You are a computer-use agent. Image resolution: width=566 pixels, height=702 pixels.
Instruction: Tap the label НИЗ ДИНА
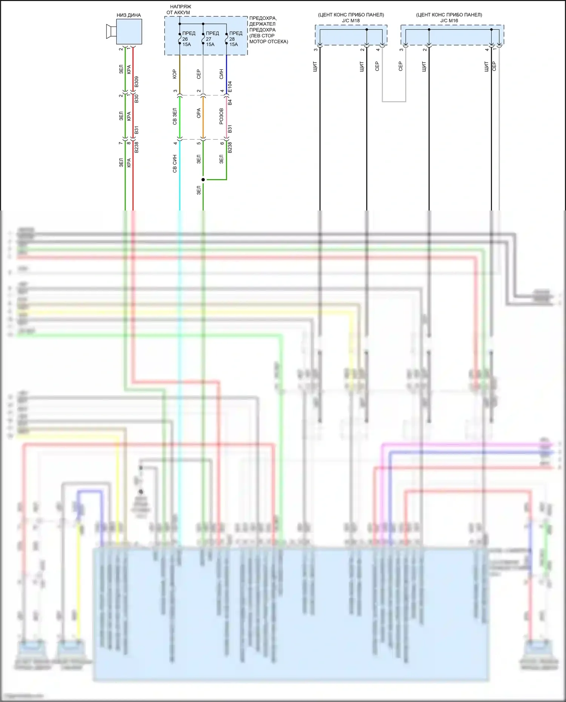click(x=129, y=15)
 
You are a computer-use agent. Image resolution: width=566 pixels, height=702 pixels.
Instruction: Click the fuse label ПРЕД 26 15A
click(x=187, y=39)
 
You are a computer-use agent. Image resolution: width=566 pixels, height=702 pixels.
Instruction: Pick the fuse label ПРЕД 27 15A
click(x=211, y=39)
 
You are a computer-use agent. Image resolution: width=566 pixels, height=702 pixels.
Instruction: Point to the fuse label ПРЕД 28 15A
click(x=234, y=39)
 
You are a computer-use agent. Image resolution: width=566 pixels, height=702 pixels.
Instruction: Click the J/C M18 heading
click(x=351, y=21)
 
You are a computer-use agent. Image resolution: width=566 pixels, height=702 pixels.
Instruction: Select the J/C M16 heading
click(x=449, y=21)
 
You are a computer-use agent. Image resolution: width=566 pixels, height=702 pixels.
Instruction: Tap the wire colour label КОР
click(x=175, y=74)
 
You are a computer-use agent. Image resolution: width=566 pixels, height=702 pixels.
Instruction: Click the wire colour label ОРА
click(x=199, y=113)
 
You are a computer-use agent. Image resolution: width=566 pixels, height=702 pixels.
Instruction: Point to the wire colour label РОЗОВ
click(x=221, y=117)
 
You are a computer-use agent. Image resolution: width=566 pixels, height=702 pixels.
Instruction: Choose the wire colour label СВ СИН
click(x=175, y=164)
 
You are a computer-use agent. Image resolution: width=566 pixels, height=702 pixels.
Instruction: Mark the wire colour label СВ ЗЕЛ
click(x=175, y=117)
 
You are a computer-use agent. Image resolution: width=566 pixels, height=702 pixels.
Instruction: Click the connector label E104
click(x=230, y=87)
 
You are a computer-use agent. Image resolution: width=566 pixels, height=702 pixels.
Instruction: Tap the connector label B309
click(x=137, y=82)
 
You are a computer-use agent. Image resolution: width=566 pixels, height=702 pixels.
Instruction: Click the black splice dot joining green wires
click(x=203, y=180)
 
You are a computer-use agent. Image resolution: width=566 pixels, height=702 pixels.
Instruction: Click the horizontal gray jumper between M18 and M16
click(x=394, y=101)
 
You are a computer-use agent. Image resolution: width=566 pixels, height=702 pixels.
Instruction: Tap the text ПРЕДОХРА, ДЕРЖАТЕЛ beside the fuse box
click(x=263, y=21)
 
